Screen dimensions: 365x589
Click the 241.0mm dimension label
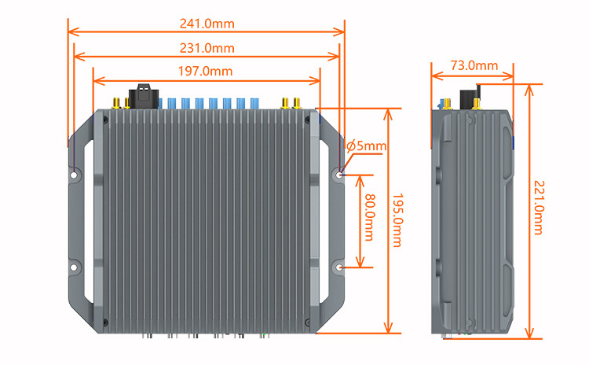[207, 23]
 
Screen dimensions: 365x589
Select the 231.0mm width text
[207, 47]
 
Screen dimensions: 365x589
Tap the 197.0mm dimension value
[206, 71]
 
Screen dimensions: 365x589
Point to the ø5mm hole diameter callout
[366, 146]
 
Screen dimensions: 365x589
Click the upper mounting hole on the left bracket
[73, 175]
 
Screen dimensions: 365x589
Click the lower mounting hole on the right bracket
[339, 267]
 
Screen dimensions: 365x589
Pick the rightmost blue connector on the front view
[254, 103]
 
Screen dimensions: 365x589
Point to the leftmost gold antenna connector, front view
[115, 103]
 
